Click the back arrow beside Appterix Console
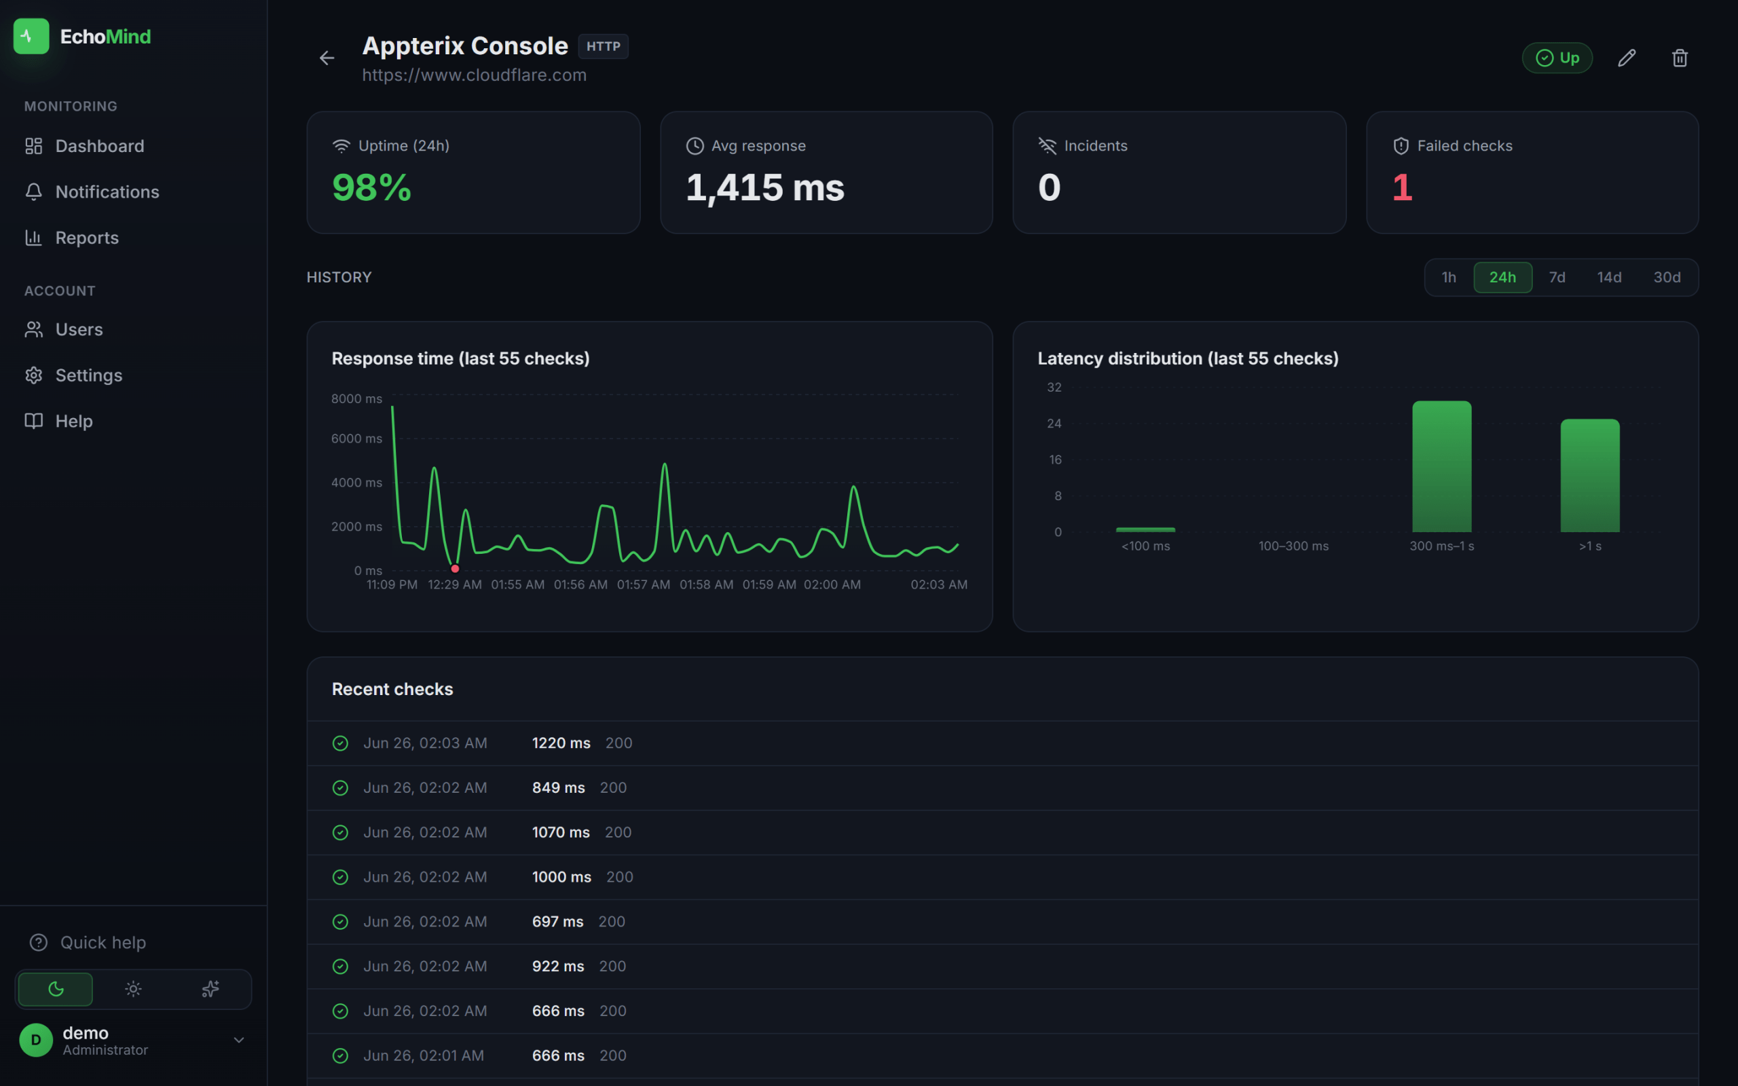[327, 58]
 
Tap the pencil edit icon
[1627, 58]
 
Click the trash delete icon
[1680, 58]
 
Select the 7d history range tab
[1557, 277]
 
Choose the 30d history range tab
[1667, 277]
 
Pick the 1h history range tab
[1449, 277]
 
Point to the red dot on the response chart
[455, 569]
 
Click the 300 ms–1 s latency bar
[1441, 466]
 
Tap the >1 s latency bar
[1590, 476]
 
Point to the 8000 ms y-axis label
[356, 398]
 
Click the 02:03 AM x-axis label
[939, 584]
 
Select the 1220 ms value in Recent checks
[561, 743]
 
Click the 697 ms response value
[557, 922]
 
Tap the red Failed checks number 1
[1402, 187]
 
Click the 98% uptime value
[371, 187]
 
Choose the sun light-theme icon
[133, 989]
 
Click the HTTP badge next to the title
[604, 47]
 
